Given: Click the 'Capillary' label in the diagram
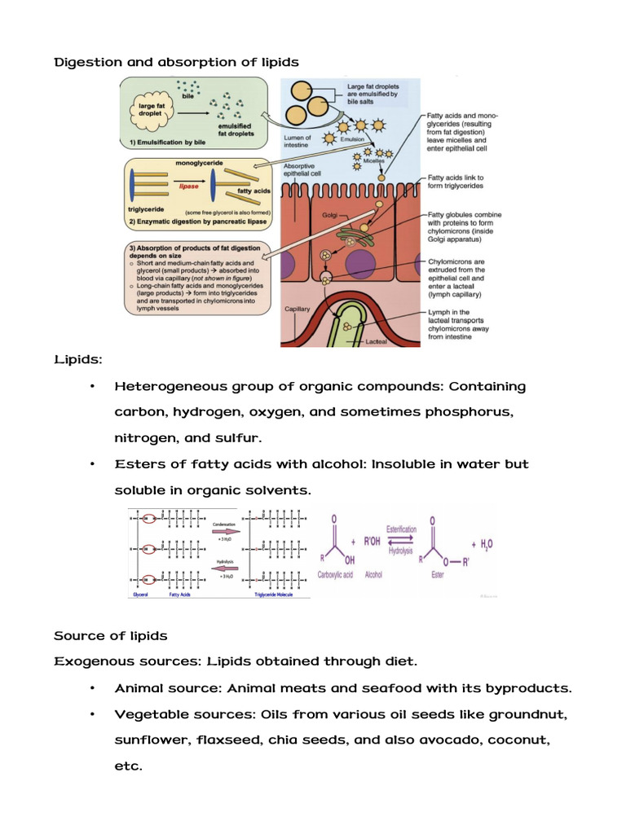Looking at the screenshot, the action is coord(299,309).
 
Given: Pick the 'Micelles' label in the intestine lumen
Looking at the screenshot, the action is coord(375,160).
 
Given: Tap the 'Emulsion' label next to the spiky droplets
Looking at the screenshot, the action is coord(352,139).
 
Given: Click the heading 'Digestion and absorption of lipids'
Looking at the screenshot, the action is coord(176,62).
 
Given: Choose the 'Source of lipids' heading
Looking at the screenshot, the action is coord(111,636).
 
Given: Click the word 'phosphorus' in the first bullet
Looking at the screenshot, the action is coord(466,412).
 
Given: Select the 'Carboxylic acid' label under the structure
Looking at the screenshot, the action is coord(337,574).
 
